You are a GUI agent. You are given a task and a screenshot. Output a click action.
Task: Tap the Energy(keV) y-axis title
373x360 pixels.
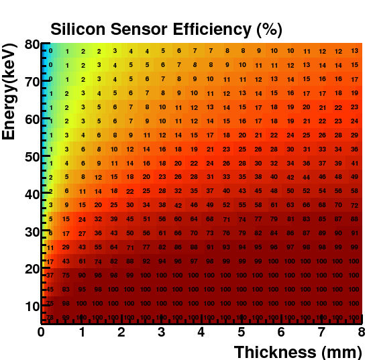click(x=9, y=98)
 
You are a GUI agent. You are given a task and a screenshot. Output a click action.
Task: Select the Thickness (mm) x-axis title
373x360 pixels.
click(x=299, y=351)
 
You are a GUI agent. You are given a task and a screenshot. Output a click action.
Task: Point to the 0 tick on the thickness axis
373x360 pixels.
click(x=42, y=332)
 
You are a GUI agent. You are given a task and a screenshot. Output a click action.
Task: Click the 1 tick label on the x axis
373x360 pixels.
click(x=81, y=332)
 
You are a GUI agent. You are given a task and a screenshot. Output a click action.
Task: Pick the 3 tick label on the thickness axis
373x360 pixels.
click(x=161, y=332)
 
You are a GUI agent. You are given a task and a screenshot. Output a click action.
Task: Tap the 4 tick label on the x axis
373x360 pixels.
click(x=201, y=332)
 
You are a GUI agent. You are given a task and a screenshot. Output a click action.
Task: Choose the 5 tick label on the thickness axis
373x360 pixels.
click(x=241, y=332)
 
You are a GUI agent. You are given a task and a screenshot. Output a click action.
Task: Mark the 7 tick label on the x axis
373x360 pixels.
click(x=321, y=332)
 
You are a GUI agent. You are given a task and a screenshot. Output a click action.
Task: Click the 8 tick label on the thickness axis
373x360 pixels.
click(x=361, y=332)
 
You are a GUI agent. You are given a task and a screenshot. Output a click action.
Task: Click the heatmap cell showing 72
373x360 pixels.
click(x=354, y=204)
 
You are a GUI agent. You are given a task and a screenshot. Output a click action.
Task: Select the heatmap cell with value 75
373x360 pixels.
click(x=66, y=275)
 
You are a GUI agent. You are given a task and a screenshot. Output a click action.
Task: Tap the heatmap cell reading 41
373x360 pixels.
click(x=354, y=164)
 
